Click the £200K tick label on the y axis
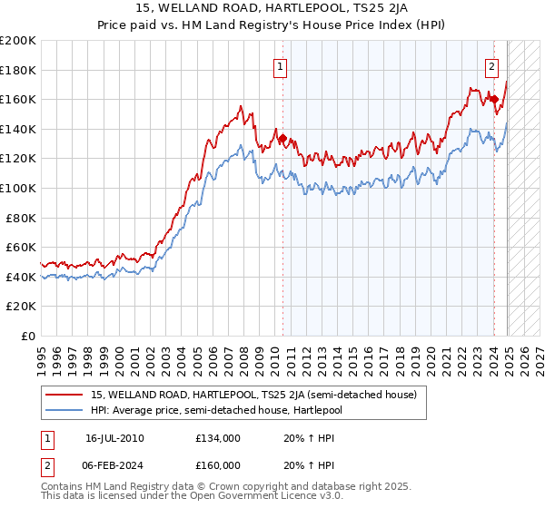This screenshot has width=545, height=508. click(18, 41)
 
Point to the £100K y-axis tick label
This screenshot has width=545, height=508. click(18, 188)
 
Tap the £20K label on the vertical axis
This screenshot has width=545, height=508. click(21, 306)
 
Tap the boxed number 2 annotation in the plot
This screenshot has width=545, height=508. click(491, 65)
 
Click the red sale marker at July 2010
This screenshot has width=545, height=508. click(282, 139)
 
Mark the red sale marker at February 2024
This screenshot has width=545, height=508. click(494, 100)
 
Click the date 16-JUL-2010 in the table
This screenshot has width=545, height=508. click(114, 438)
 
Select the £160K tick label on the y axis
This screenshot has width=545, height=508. click(18, 100)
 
